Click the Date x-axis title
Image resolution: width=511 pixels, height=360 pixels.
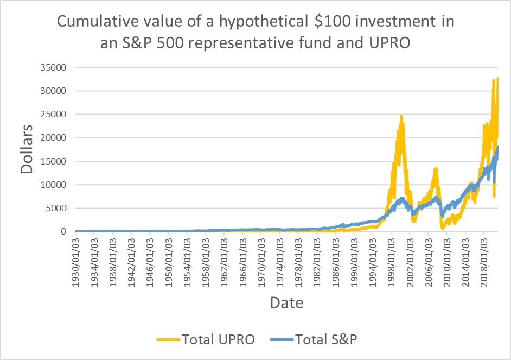(287, 302)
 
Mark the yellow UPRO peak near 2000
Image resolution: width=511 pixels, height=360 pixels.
(401, 116)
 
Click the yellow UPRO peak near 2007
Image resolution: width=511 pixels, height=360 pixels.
(435, 169)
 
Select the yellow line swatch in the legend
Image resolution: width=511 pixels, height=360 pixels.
(169, 340)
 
